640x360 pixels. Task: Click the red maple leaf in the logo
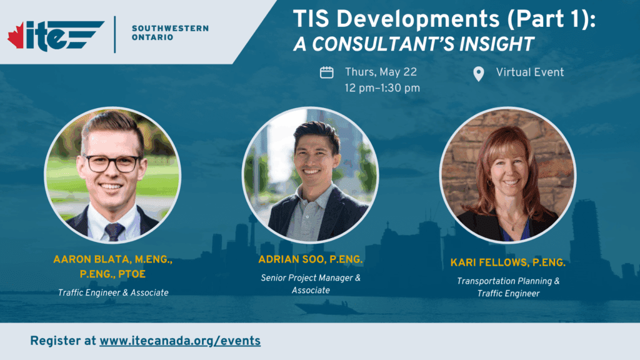click(x=16, y=36)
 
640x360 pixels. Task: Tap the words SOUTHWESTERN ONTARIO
click(x=170, y=32)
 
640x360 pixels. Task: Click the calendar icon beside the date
click(x=326, y=72)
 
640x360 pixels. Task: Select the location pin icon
click(x=478, y=74)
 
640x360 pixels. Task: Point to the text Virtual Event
click(x=530, y=72)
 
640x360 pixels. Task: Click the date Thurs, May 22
click(x=381, y=72)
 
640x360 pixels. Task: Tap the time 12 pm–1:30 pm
click(x=382, y=88)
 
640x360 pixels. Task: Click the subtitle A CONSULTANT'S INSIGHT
click(x=414, y=44)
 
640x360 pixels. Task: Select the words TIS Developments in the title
click(x=396, y=19)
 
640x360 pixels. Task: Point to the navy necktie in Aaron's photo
click(x=114, y=231)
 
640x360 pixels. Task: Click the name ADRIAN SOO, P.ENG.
click(x=310, y=259)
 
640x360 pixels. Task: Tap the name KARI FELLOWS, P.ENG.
click(x=507, y=263)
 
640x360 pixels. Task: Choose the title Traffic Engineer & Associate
click(x=113, y=292)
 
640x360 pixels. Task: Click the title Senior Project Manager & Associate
click(x=311, y=284)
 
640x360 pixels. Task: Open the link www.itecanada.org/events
click(x=180, y=341)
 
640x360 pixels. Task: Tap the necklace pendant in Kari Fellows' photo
click(x=513, y=229)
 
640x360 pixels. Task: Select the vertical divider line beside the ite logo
click(x=115, y=34)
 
